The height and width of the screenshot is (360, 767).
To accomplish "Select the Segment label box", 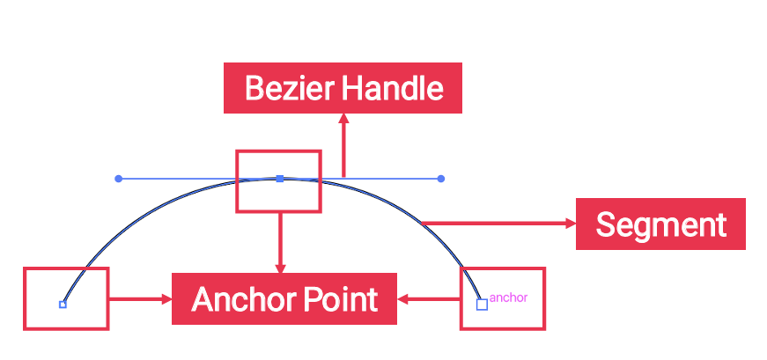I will click(x=660, y=224).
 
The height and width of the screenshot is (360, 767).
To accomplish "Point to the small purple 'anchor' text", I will click(x=508, y=298).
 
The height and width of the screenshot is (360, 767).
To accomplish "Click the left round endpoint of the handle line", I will click(x=119, y=179).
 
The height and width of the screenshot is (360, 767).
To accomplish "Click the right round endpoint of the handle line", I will click(x=440, y=179).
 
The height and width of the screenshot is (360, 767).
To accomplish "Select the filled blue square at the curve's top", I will click(x=279, y=179).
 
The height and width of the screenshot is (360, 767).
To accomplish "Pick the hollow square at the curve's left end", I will click(x=63, y=305).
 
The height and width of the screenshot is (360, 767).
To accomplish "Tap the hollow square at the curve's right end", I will click(x=482, y=305).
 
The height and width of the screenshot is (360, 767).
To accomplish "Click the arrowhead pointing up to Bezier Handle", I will click(x=343, y=118).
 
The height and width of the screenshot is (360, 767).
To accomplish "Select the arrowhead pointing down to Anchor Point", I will click(x=281, y=268).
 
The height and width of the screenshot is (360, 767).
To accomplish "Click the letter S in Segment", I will click(x=606, y=224).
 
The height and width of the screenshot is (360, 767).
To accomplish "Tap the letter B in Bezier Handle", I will click(x=254, y=88).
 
